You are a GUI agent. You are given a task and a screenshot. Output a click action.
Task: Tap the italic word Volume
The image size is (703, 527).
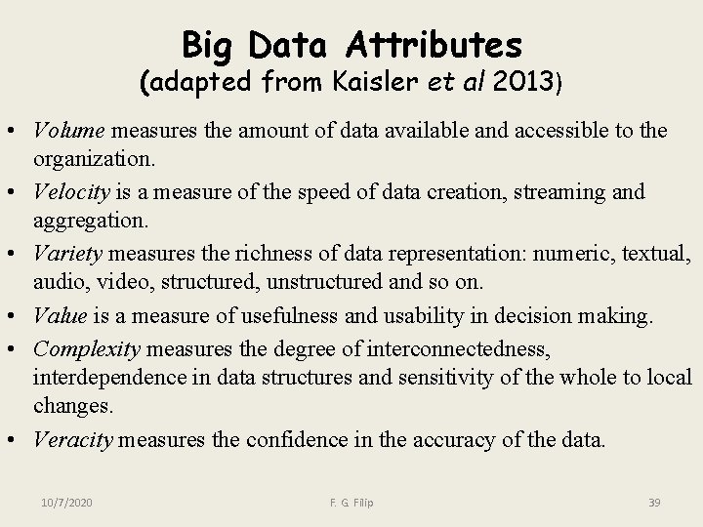tap(70, 132)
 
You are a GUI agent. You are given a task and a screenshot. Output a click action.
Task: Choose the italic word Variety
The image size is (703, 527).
tap(68, 254)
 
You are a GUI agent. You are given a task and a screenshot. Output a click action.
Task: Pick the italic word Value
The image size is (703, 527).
tap(61, 315)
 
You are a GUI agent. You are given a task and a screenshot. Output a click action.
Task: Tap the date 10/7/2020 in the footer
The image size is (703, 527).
tap(67, 502)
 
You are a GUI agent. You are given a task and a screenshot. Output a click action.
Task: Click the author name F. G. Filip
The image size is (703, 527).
tap(351, 502)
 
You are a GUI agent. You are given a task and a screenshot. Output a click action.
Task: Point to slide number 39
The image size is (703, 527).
tap(654, 502)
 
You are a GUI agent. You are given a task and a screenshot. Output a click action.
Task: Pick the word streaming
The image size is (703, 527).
tap(562, 192)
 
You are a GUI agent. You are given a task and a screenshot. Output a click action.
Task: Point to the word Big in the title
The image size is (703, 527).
tap(210, 44)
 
